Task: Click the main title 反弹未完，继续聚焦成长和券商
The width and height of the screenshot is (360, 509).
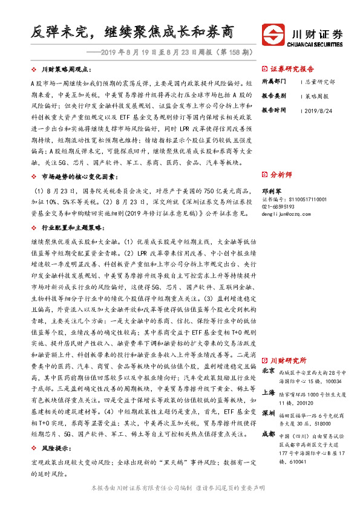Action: click(132, 31)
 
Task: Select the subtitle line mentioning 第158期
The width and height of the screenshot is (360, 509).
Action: click(169, 52)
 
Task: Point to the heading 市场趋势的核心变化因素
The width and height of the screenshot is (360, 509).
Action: click(78, 177)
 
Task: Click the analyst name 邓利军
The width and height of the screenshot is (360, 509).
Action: click(272, 189)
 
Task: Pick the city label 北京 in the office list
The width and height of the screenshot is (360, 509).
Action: click(269, 370)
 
